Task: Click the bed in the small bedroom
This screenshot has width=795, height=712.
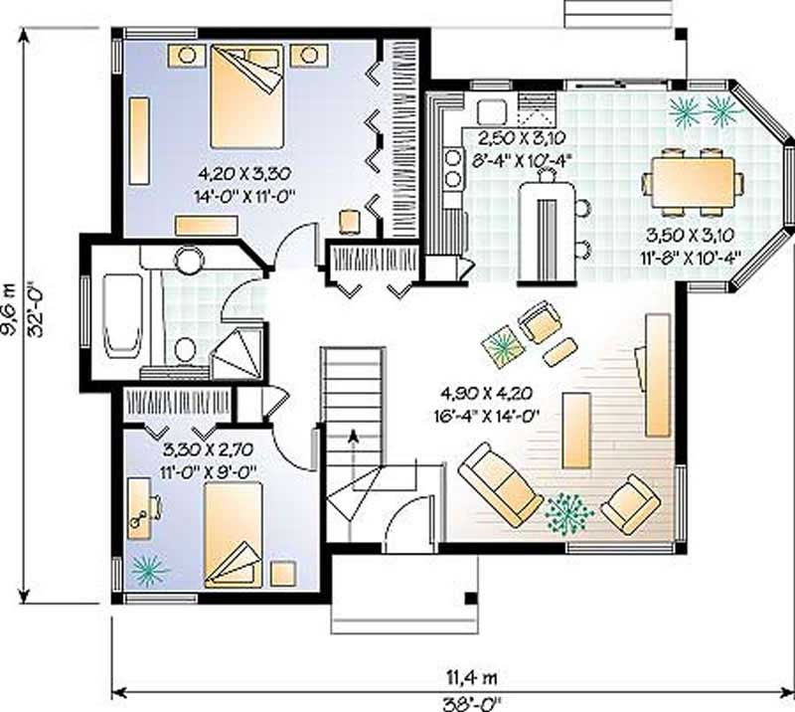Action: pyautogui.click(x=235, y=537)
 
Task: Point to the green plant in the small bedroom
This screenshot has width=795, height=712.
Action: pyautogui.click(x=149, y=569)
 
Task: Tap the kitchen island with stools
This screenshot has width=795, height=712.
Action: pyautogui.click(x=546, y=227)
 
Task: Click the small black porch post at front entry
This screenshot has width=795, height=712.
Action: pyautogui.click(x=468, y=598)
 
